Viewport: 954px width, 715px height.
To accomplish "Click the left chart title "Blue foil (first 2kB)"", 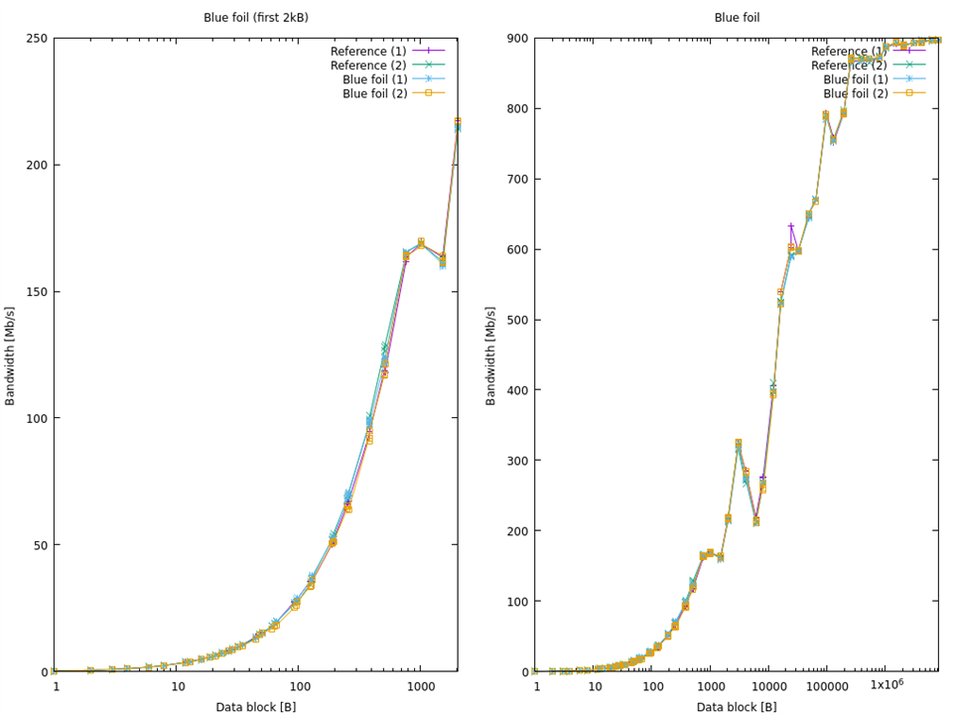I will (255, 17).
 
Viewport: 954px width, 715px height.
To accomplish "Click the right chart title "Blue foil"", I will (737, 17).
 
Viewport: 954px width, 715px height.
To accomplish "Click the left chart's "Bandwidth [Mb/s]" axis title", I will (11, 356).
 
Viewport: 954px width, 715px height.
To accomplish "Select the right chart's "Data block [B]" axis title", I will (737, 706).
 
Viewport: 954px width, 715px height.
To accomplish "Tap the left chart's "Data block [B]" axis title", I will (255, 706).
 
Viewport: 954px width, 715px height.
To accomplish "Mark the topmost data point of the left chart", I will (458, 122).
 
